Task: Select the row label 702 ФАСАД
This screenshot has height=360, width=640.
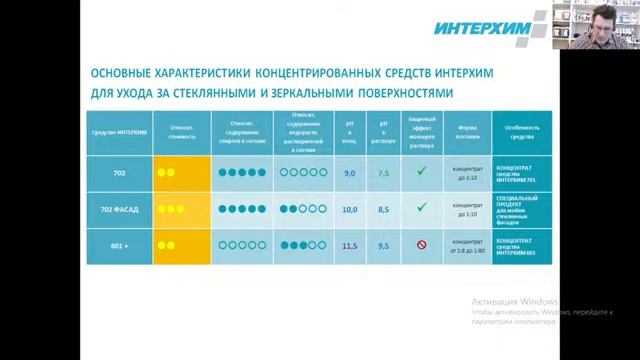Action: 120,210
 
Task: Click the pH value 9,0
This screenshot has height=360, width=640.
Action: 350,173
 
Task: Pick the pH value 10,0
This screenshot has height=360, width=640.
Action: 350,210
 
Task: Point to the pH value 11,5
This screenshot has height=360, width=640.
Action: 350,246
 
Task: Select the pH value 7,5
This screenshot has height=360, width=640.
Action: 383,173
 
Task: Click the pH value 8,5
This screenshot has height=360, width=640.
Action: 383,210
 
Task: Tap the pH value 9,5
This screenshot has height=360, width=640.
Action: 383,246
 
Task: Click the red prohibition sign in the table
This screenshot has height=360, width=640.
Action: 422,245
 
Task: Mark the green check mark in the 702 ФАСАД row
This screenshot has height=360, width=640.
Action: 422,208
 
